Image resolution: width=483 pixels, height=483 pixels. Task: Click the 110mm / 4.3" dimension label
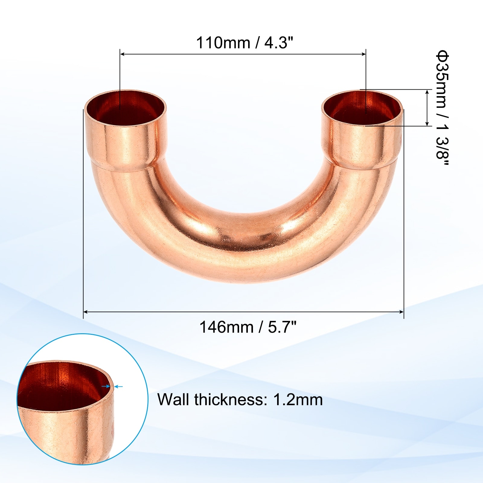tap(245, 43)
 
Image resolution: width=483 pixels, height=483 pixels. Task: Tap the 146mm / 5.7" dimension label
tap(248, 327)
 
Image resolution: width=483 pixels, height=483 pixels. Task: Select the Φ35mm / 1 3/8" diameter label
tap(442, 108)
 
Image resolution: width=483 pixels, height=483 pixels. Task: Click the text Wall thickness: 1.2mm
tap(240, 399)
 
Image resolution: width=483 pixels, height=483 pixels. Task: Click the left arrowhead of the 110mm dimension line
tap(123, 54)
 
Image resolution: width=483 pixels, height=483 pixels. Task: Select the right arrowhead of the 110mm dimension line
tap(363, 54)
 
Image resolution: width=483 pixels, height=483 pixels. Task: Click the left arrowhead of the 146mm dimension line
tap(86, 312)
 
